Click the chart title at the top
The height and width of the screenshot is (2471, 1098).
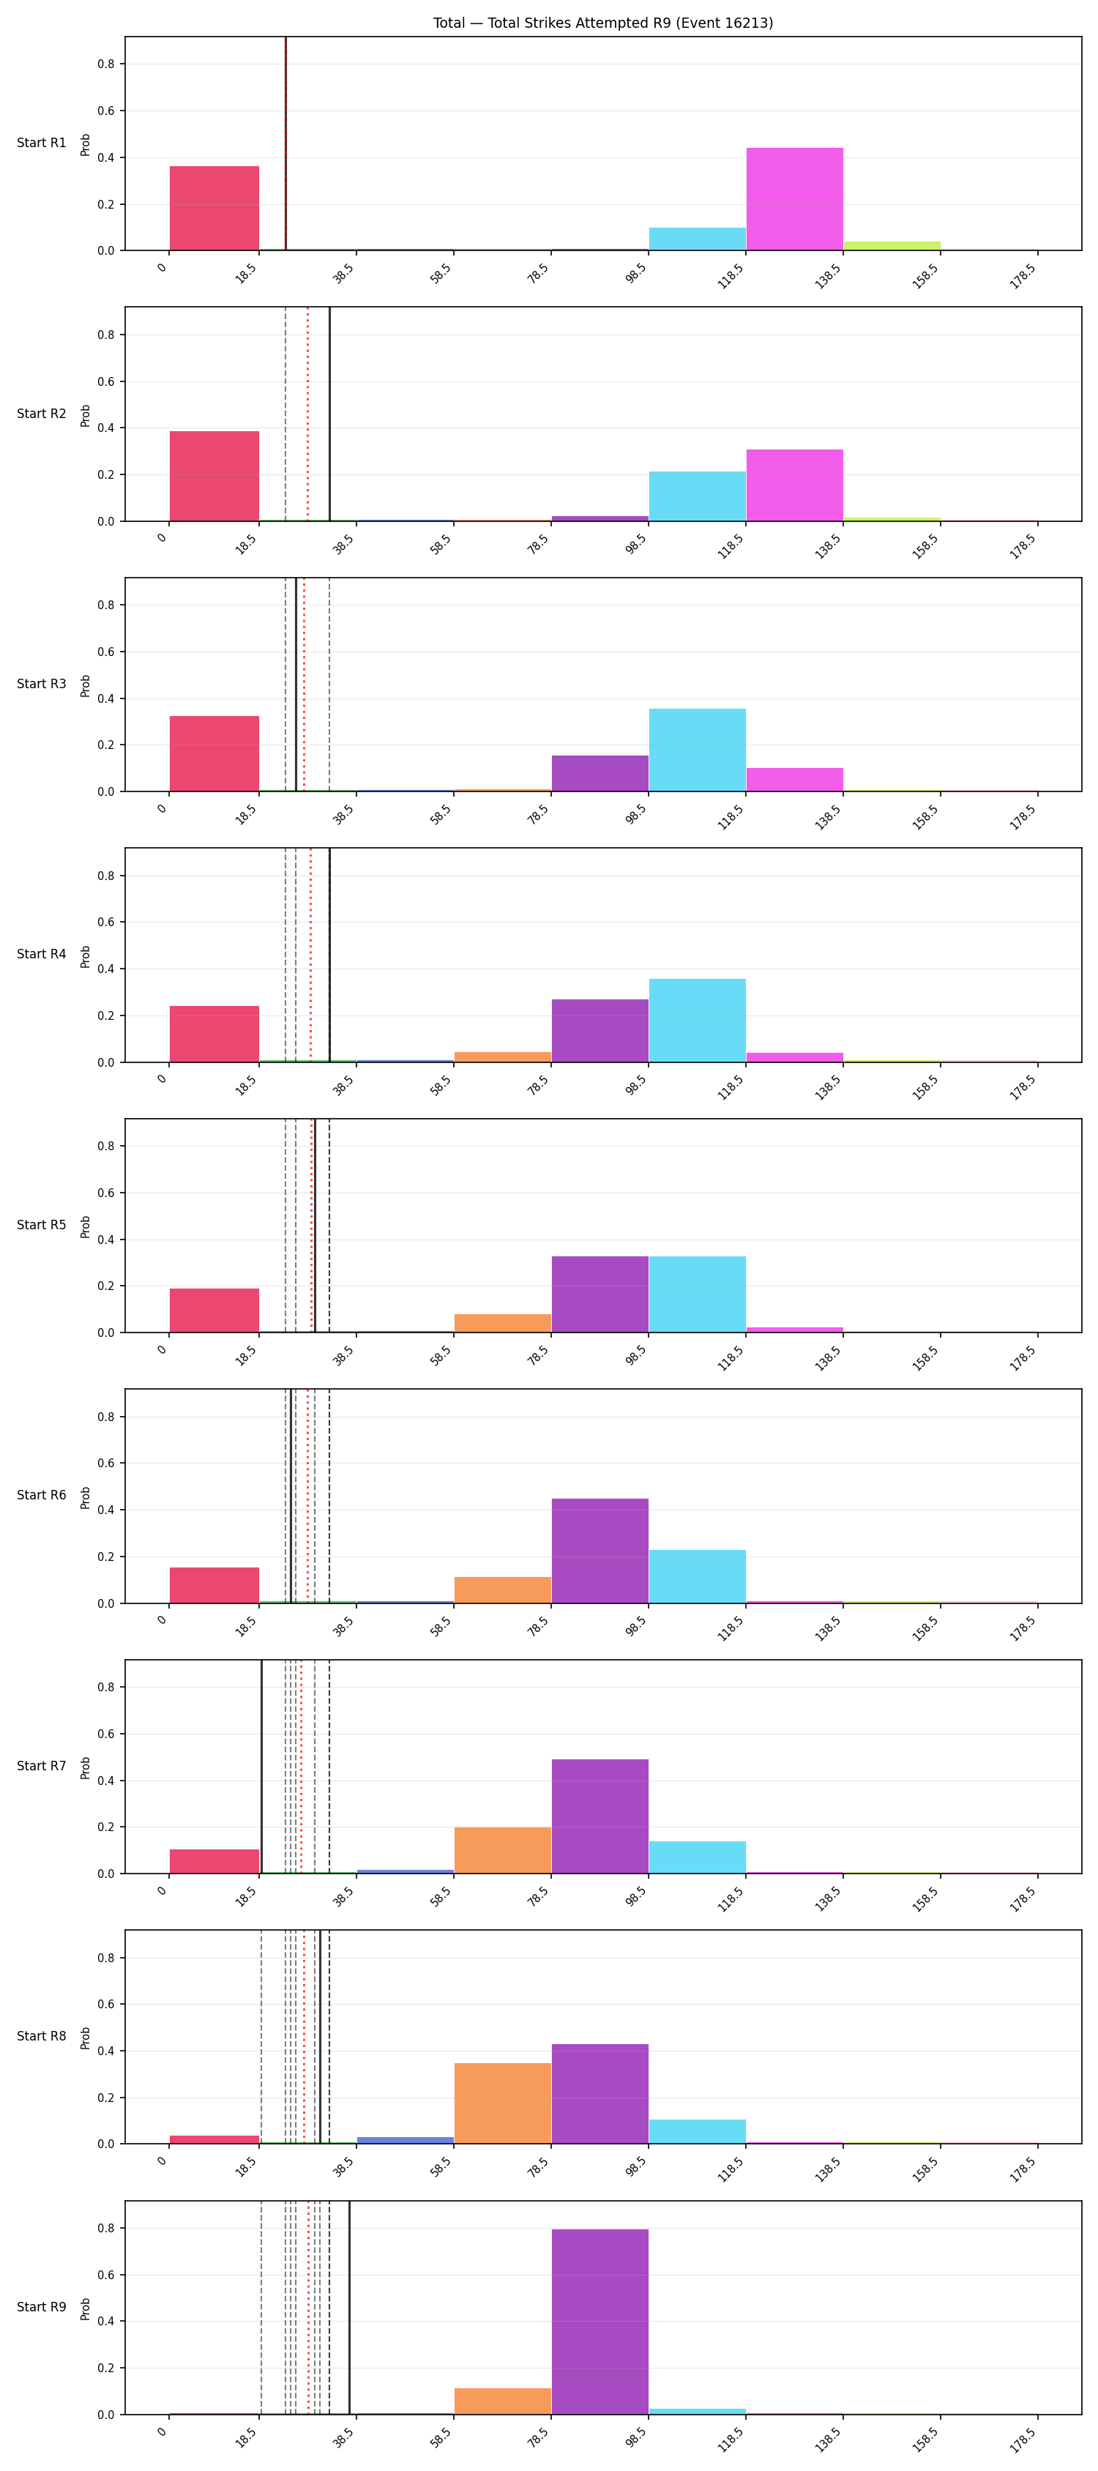coord(602,23)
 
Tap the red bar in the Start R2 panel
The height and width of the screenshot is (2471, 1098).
coord(214,476)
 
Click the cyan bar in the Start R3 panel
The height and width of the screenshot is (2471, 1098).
coord(697,750)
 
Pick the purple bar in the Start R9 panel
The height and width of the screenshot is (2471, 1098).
coord(600,2322)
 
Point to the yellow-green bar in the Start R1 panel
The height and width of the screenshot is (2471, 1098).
coord(892,245)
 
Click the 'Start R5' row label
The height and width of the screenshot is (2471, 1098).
coord(41,1225)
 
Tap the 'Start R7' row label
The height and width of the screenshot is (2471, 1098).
coord(41,1766)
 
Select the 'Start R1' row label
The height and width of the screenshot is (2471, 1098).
coord(41,143)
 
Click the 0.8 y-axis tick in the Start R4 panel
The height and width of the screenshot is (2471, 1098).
coord(105,876)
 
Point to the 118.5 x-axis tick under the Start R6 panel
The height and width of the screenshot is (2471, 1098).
coord(731,1628)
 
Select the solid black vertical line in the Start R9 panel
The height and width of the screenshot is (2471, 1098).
coord(349,2307)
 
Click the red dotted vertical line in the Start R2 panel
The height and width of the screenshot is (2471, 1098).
coord(308,414)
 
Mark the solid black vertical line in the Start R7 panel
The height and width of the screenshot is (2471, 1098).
coord(262,1766)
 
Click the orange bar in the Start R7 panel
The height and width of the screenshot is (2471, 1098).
coord(502,1850)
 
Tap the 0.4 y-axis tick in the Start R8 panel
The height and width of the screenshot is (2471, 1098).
coord(105,2051)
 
